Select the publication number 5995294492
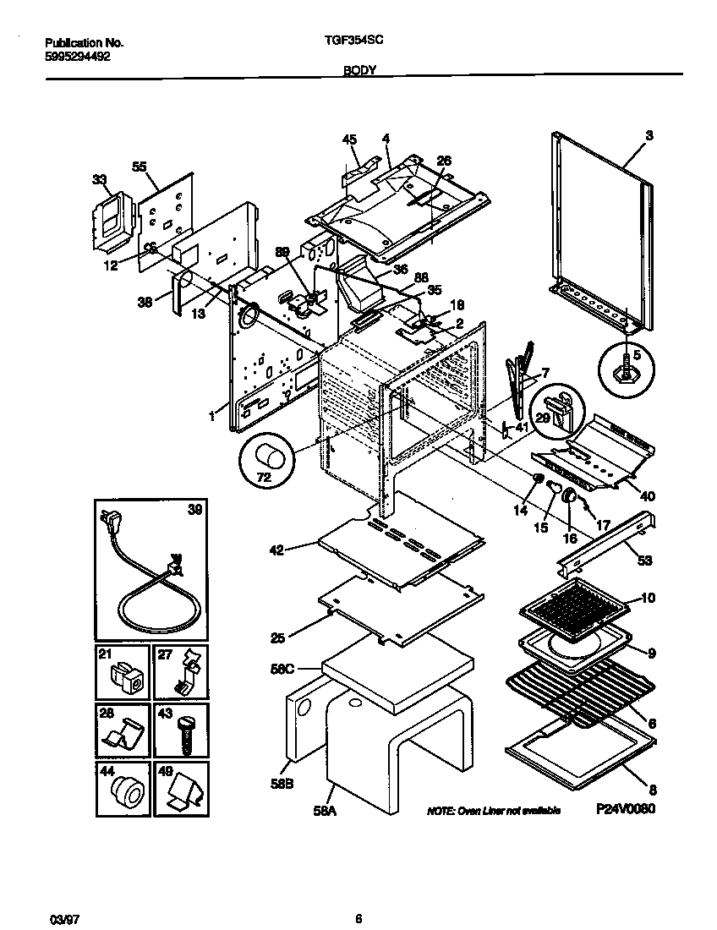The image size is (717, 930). coord(76,57)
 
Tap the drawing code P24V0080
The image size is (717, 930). coord(625,808)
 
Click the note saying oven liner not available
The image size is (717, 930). coord(494,811)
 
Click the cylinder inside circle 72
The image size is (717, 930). coord(271,460)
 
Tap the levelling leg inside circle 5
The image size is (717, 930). coord(628,369)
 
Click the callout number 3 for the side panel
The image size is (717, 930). coord(649,134)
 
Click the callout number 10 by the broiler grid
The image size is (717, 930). coord(648,598)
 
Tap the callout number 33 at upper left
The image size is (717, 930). coord(100,179)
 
